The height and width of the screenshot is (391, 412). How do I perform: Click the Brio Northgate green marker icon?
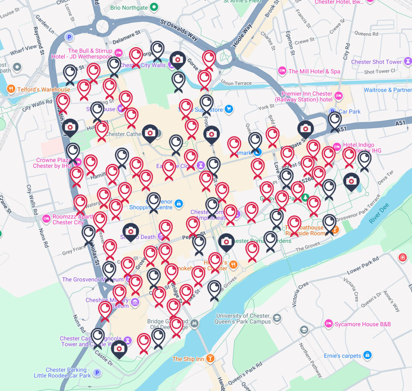154,7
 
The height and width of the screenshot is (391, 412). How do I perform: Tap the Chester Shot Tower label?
376,62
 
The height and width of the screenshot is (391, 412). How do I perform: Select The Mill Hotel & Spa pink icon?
282,71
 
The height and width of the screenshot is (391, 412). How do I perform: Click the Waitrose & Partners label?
387,90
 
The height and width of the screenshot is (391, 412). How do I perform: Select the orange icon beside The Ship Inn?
210,358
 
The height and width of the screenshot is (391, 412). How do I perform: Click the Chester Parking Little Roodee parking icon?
97,373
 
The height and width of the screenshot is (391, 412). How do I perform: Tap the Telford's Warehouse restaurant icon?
11,89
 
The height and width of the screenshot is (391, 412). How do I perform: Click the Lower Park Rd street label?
363,265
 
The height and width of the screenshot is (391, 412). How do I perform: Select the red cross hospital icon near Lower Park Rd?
402,257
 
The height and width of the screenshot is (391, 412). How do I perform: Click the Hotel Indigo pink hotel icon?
337,147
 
